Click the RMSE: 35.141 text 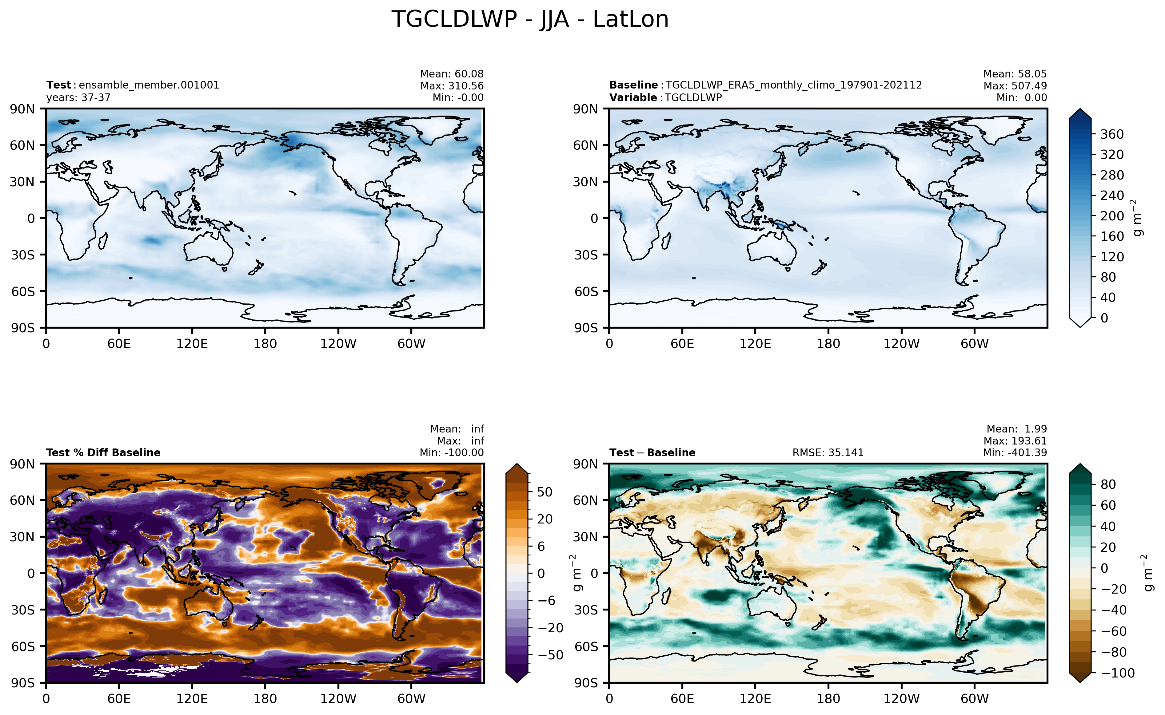828,452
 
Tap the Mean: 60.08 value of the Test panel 452,74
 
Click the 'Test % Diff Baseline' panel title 103,452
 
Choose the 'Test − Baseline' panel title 652,452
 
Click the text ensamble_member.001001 149,85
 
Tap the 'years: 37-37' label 78,97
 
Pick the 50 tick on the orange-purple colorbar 545,492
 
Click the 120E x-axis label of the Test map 192,344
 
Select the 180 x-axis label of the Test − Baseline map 828,698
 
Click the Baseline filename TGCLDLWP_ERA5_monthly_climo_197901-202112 794,85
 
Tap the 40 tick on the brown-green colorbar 1108,526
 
